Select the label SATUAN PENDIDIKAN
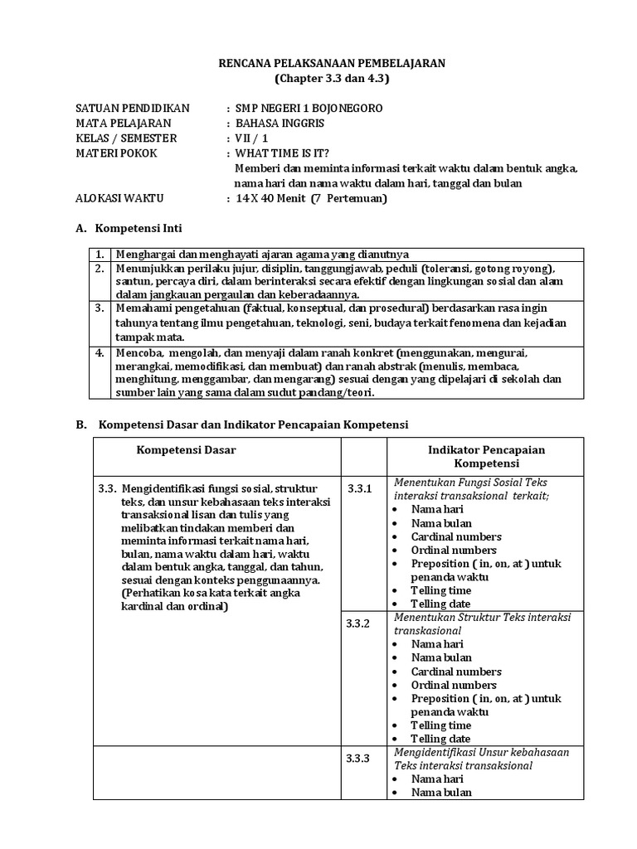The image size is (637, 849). (x=133, y=109)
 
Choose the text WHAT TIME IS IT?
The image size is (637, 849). (x=282, y=153)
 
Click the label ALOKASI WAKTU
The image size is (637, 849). (x=119, y=198)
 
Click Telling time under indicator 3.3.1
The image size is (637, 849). (x=440, y=590)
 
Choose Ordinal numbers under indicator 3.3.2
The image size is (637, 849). (x=454, y=685)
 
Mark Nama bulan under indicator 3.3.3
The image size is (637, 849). (x=441, y=792)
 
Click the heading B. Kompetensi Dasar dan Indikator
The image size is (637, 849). (x=242, y=424)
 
